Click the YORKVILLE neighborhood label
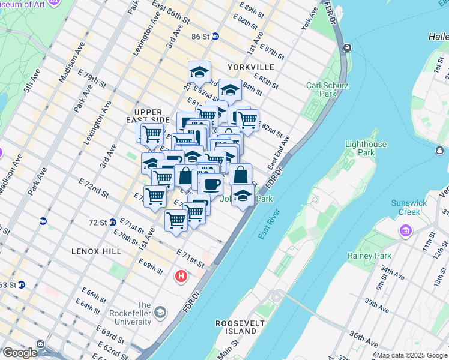(x=250, y=67)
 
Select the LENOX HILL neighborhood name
(x=95, y=251)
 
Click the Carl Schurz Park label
(x=327, y=89)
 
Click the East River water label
(x=270, y=224)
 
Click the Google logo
(x=19, y=353)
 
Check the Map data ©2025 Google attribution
(x=411, y=355)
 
